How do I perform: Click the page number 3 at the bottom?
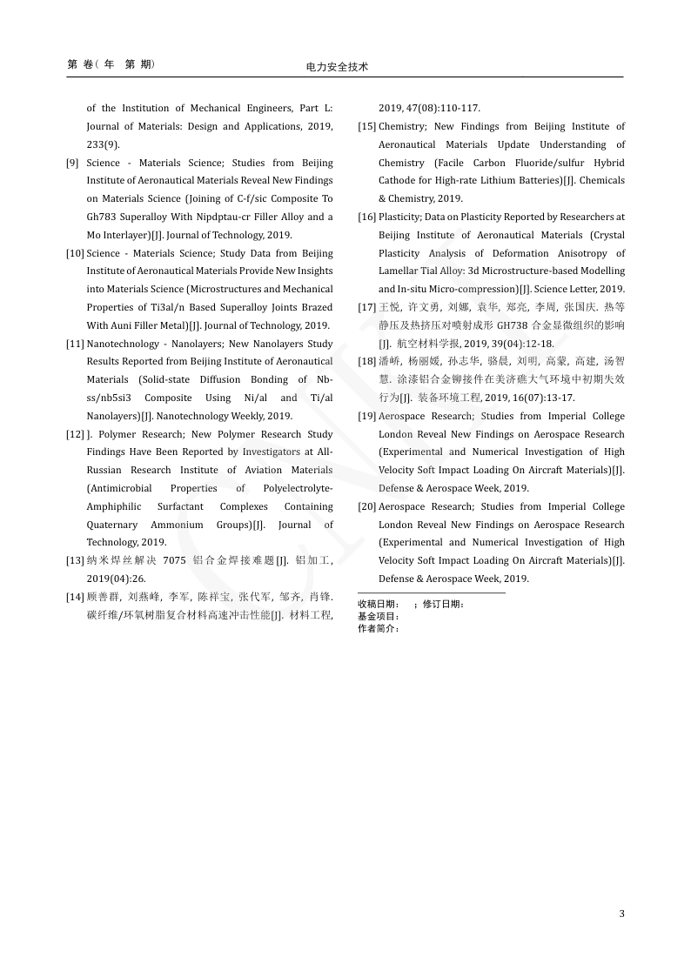click(x=621, y=913)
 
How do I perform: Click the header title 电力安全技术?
click(x=338, y=67)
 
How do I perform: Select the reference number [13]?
click(x=76, y=560)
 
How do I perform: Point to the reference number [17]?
click(x=367, y=307)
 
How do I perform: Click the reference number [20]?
click(x=367, y=506)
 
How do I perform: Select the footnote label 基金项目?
click(x=377, y=616)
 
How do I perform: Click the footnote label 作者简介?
click(x=377, y=628)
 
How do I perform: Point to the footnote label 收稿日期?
click(x=377, y=604)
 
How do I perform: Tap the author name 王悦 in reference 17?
click(x=389, y=307)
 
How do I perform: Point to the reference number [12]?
click(x=76, y=434)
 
